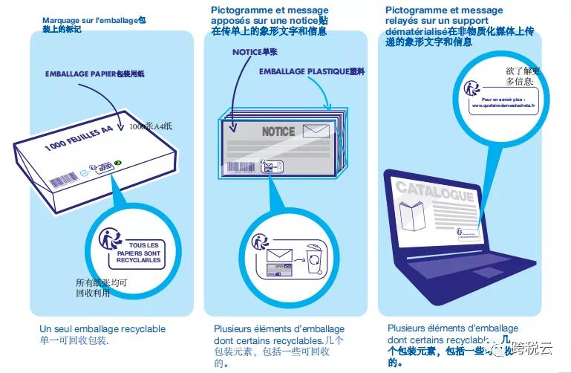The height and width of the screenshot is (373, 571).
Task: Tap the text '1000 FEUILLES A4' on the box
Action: click(x=78, y=139)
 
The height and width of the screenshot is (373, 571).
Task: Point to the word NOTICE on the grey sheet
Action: click(x=278, y=132)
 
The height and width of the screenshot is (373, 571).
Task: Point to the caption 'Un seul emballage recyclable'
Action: click(x=102, y=328)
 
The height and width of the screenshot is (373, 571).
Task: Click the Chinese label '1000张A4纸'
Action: click(x=150, y=126)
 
